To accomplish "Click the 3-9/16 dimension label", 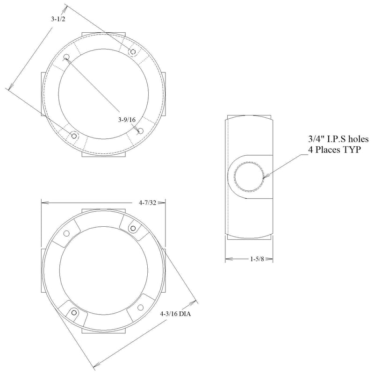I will (x=127, y=120).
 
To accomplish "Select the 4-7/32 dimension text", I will (x=147, y=203).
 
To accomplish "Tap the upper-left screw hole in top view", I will (x=66, y=57).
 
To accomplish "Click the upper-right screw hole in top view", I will (x=133, y=51).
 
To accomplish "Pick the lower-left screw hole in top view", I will (x=73, y=136).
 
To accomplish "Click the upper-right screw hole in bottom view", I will (x=133, y=228).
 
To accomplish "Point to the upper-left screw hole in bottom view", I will (x=66, y=234).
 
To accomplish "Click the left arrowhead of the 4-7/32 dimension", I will (x=43, y=203).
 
